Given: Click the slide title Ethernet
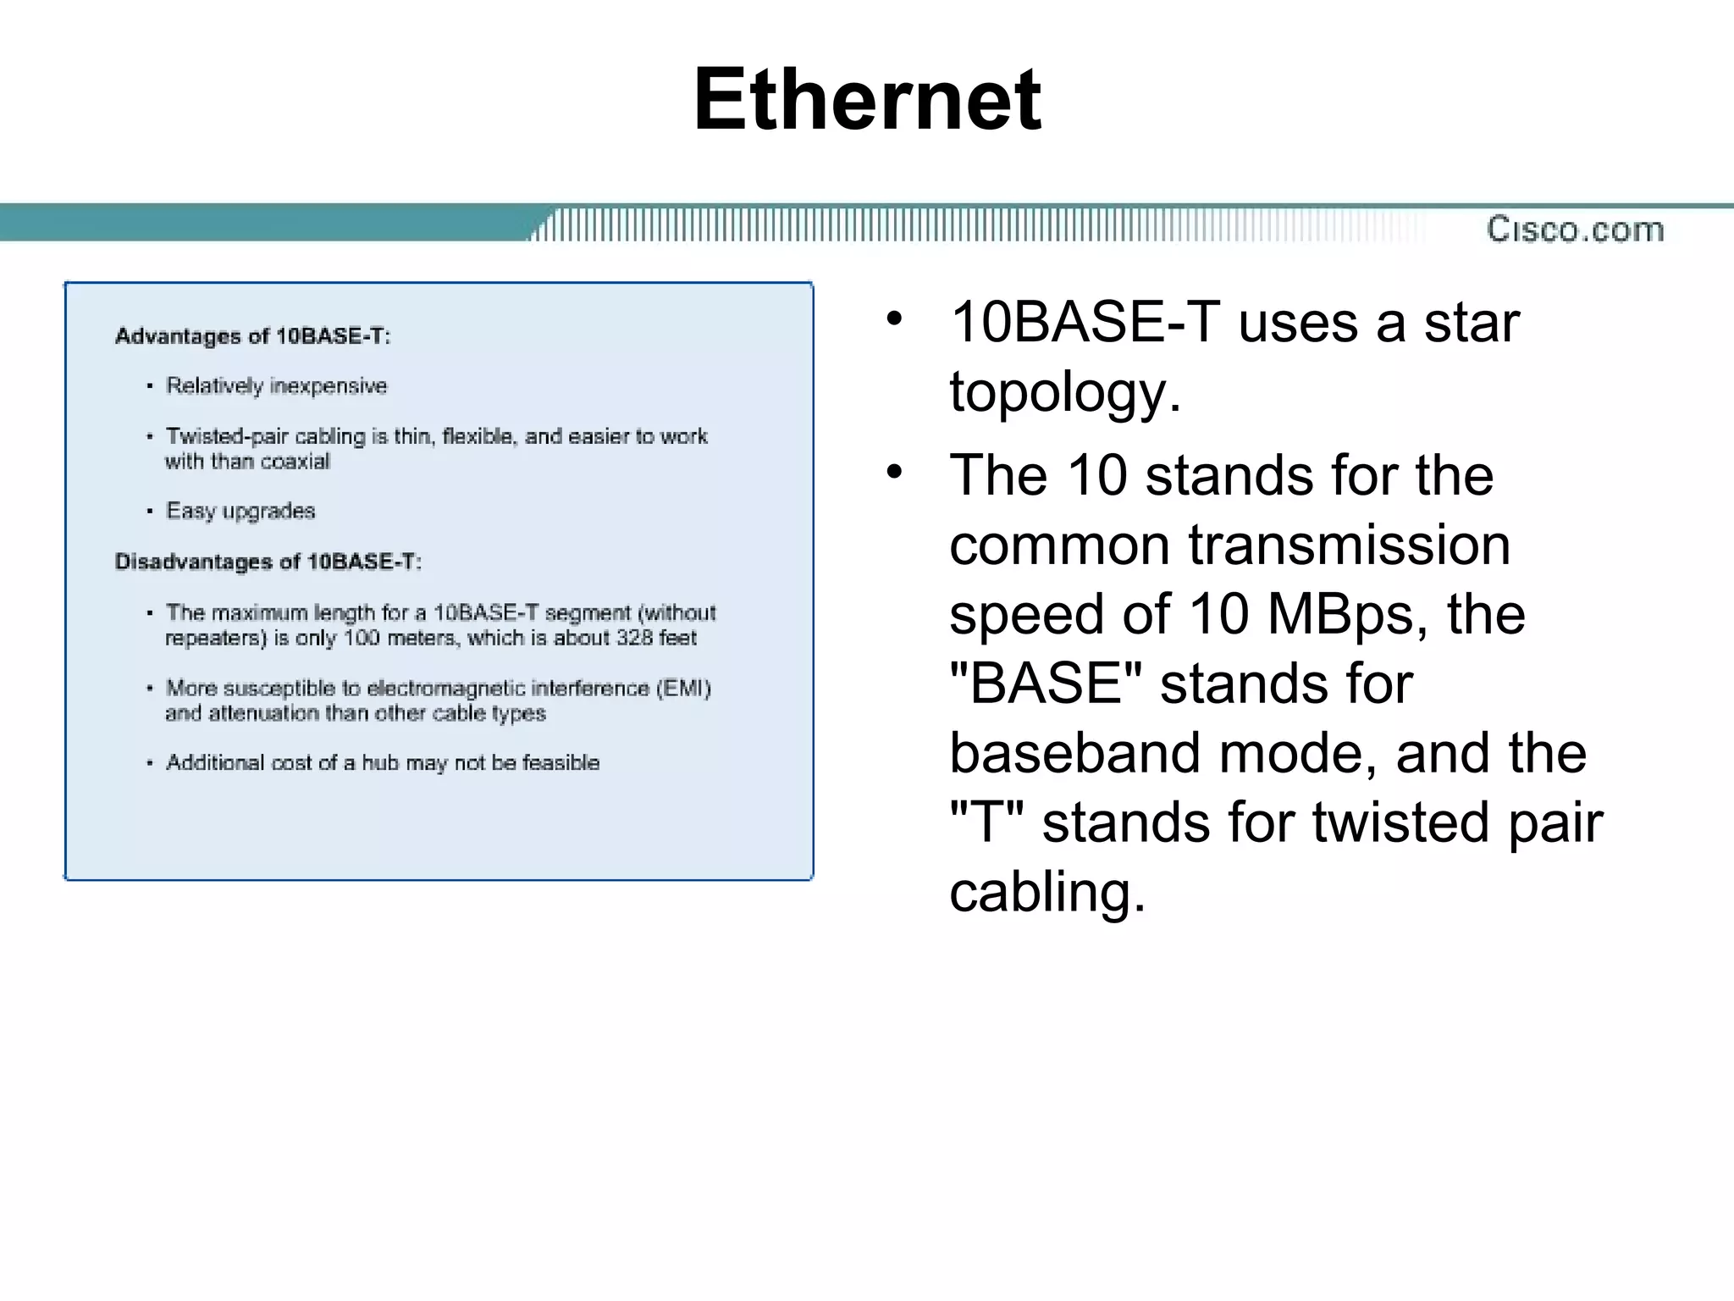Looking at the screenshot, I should (x=867, y=100).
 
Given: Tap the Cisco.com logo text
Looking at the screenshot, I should (x=1575, y=230).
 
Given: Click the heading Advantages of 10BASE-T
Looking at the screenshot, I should (x=252, y=336).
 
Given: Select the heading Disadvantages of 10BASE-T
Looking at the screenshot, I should (x=268, y=562).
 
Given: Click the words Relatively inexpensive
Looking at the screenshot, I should (x=276, y=386).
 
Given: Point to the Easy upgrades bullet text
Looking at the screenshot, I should (x=240, y=511).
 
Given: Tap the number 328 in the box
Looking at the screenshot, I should (x=633, y=638).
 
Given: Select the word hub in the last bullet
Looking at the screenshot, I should (x=380, y=762).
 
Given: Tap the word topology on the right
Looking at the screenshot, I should (x=1063, y=393).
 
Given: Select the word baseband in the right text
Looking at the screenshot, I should (x=1074, y=752).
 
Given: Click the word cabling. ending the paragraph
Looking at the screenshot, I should (x=1047, y=891).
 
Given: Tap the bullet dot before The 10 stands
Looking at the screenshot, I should (x=895, y=471).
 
